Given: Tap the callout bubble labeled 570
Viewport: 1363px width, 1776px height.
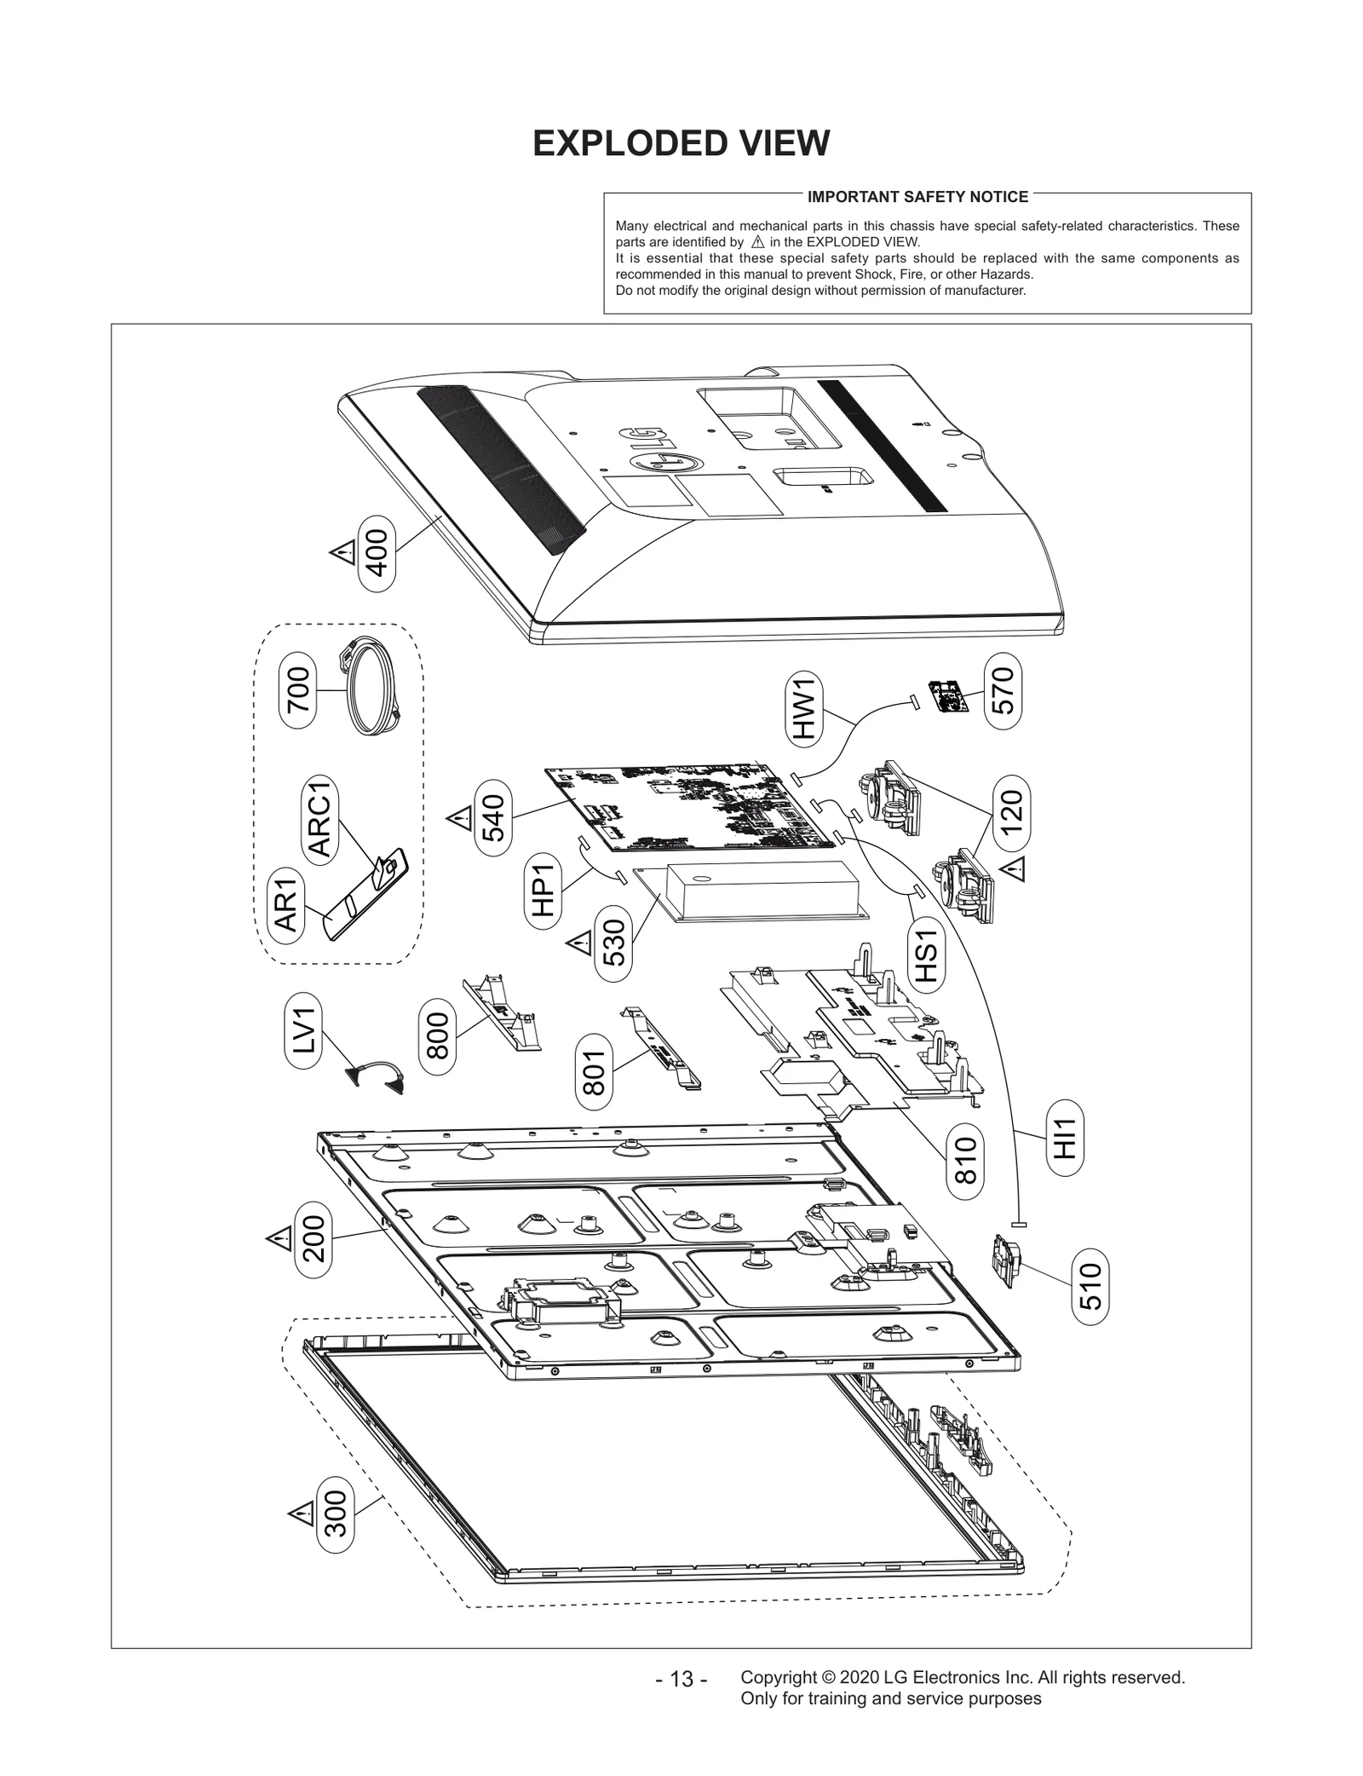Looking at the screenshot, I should (1003, 690).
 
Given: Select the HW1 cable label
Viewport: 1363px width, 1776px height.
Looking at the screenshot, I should (804, 707).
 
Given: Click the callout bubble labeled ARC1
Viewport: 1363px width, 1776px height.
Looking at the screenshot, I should (321, 820).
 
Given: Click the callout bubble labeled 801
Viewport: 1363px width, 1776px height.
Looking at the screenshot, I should (594, 1071).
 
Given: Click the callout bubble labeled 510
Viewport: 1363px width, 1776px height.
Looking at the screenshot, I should (1091, 1286).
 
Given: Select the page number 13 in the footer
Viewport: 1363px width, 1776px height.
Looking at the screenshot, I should (681, 1680).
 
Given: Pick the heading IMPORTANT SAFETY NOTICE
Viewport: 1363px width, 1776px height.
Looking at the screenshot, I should (917, 197).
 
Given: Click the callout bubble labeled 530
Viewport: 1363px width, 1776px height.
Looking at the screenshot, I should (613, 942).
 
